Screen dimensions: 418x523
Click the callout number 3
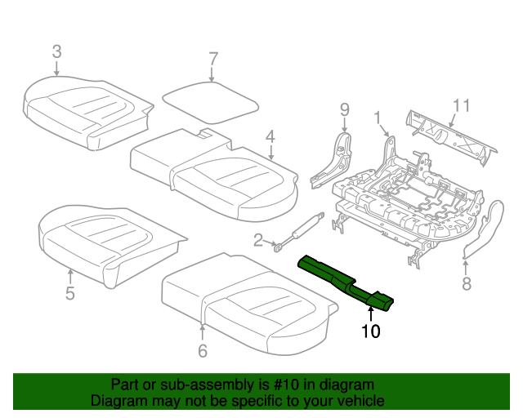56,51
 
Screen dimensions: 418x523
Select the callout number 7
212,59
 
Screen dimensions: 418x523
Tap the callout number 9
344,109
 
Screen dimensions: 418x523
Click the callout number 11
462,104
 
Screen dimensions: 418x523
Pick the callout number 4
269,137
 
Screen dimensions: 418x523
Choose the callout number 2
258,240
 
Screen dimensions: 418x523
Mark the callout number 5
69,293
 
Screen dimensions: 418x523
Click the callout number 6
202,351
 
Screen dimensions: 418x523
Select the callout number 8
467,284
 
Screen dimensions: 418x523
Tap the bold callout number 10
371,331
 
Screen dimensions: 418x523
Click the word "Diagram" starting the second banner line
115,402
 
